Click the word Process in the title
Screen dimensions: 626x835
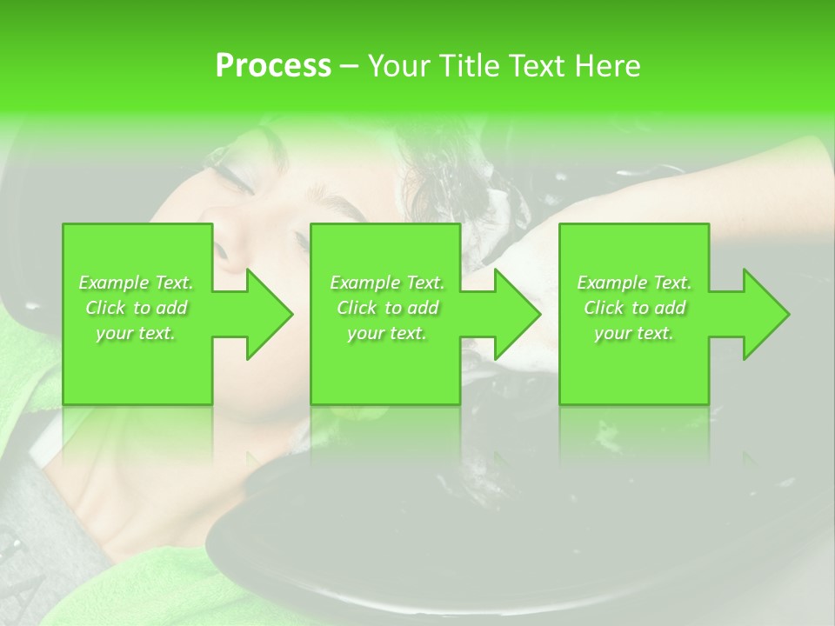pyautogui.click(x=273, y=66)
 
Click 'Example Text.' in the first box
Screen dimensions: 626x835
pyautogui.click(x=137, y=283)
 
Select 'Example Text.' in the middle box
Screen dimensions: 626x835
pyautogui.click(x=387, y=283)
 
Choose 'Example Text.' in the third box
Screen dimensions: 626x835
pyautogui.click(x=634, y=283)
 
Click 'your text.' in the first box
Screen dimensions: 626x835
pyautogui.click(x=136, y=333)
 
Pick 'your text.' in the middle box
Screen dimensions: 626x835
pyautogui.click(x=387, y=333)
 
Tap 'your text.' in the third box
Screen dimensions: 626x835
pyautogui.click(x=634, y=333)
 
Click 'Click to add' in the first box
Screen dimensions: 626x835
pyautogui.click(x=137, y=308)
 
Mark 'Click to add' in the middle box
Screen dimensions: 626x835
pyautogui.click(x=387, y=308)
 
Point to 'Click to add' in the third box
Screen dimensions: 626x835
pyautogui.click(x=634, y=308)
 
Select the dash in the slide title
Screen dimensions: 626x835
pyautogui.click(x=350, y=66)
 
